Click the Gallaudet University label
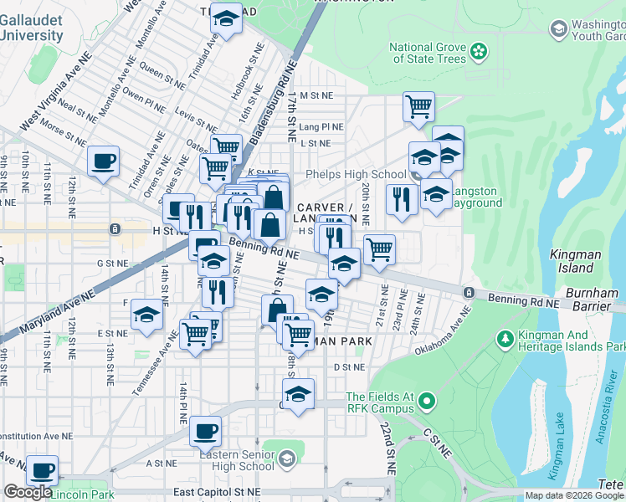(x=31, y=28)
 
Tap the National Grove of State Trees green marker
(x=478, y=52)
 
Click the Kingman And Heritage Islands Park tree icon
(x=505, y=339)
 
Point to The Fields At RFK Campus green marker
(x=427, y=402)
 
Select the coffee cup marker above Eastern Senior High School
(x=205, y=431)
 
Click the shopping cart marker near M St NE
(x=418, y=105)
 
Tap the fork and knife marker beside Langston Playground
(x=402, y=198)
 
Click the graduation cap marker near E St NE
(x=146, y=315)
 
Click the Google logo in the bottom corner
(x=28, y=492)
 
